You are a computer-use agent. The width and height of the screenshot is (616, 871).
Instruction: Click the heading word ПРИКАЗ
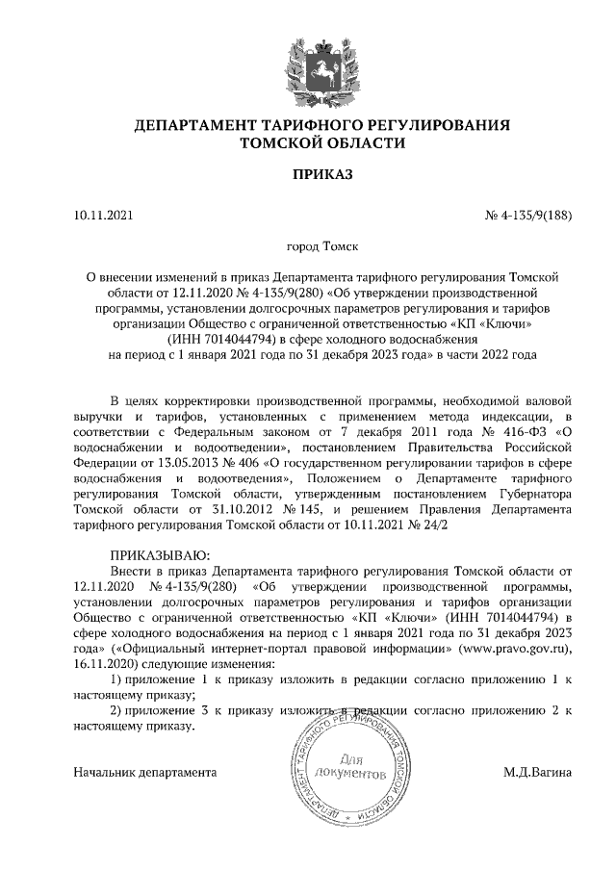tap(308, 176)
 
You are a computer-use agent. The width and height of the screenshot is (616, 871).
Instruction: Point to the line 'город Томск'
tap(308, 247)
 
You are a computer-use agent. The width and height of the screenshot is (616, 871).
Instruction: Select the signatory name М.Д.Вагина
tap(537, 772)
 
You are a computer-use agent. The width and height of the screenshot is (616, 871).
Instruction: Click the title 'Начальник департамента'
tap(145, 772)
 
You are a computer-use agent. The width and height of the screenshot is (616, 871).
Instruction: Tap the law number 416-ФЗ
tap(526, 431)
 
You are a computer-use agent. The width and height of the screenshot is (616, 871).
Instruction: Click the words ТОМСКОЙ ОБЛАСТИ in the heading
tap(308, 142)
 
